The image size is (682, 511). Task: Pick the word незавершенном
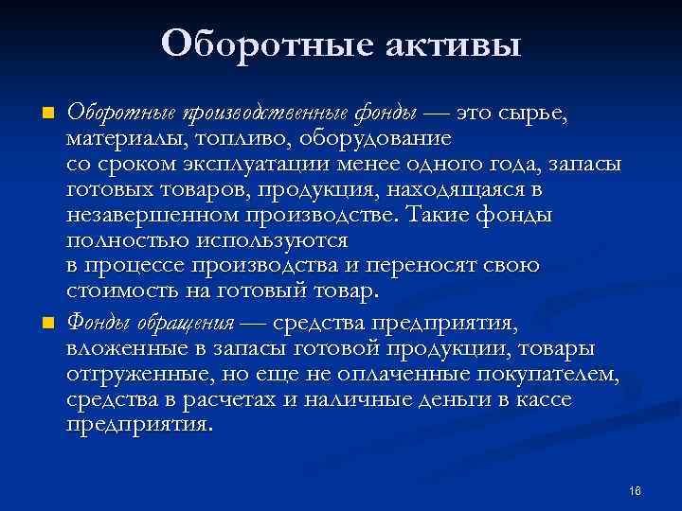pyautogui.click(x=138, y=215)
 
